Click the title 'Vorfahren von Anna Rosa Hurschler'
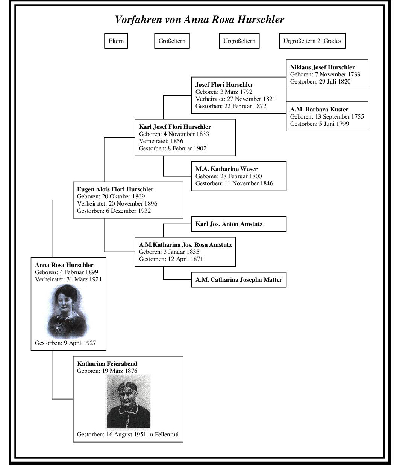199,20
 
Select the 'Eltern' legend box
116,41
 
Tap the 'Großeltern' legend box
172,41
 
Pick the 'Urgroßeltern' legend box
239,41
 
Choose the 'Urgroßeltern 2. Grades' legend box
312,41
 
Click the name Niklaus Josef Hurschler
322,67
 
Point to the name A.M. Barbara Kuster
319,110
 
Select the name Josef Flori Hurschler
224,85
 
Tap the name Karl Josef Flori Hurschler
175,127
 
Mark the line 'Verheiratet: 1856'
161,141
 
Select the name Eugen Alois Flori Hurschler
115,189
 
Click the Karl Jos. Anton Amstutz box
238,224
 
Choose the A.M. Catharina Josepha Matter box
238,280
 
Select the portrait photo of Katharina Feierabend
128,401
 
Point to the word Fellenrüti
166,435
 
